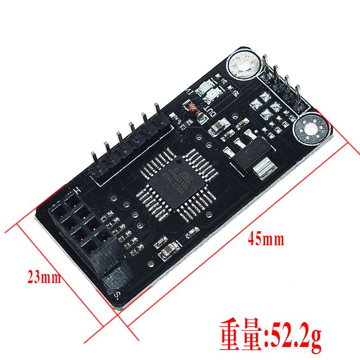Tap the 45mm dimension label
tap(266, 239)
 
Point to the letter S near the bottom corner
tap(117, 295)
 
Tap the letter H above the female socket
tap(77, 189)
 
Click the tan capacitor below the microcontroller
tap(166, 252)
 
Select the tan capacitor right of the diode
tap(219, 125)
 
